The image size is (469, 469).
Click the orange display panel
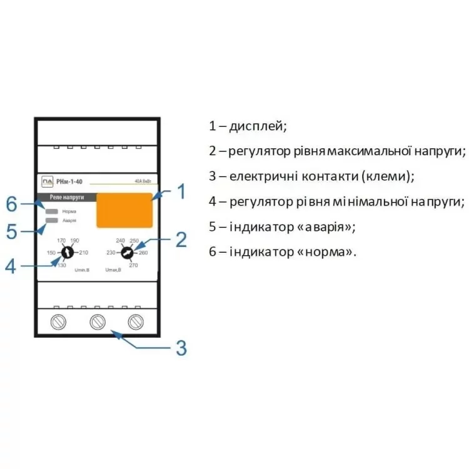124,210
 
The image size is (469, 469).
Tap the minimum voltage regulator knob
68,253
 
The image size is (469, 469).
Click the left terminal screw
58,322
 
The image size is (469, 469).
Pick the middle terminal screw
97,322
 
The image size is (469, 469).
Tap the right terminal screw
136,322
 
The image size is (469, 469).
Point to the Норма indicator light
52,211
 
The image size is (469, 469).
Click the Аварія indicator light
52,221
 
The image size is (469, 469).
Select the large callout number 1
180,192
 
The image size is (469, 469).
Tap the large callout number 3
180,348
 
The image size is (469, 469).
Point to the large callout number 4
11,266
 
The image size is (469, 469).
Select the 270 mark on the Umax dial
133,266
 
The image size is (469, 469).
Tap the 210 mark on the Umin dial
83,253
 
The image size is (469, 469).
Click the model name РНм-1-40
69,182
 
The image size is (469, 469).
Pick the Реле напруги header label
64,198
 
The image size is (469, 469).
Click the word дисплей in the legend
258,126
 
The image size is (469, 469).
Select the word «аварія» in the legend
326,227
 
